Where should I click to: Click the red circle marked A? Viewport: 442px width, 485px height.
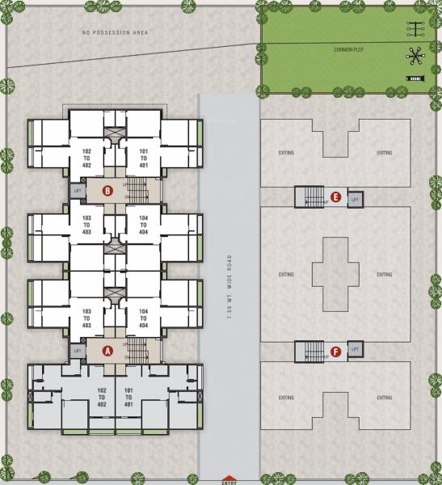[x=107, y=351]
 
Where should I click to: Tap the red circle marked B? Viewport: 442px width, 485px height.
[x=107, y=191]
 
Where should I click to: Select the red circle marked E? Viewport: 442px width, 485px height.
[x=335, y=196]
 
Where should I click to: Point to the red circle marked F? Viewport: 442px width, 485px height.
[x=335, y=351]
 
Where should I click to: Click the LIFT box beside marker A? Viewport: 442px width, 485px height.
[x=78, y=351]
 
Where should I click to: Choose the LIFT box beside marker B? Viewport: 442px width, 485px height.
[x=78, y=191]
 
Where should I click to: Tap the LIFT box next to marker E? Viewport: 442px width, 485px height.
[x=356, y=196]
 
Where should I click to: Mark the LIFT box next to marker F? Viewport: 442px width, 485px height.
[x=356, y=351]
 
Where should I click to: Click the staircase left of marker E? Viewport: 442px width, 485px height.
[x=309, y=196]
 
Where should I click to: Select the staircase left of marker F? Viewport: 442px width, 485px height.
[x=309, y=351]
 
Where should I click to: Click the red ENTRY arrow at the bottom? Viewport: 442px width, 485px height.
[x=229, y=479]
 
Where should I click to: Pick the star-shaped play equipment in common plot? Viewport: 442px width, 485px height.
[x=416, y=55]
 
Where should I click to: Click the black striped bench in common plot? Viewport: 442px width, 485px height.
[x=415, y=78]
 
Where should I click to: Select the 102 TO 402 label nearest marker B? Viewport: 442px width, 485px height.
[x=86, y=158]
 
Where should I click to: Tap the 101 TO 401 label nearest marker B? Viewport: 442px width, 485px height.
[x=144, y=158]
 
